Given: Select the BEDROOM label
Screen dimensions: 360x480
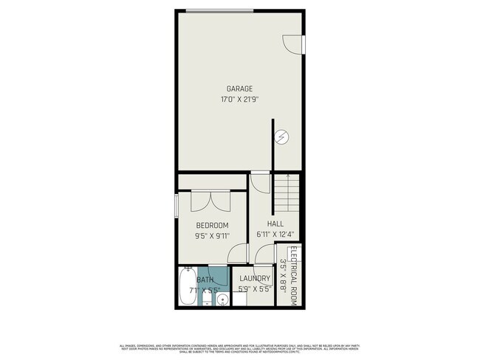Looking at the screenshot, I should pos(211,225).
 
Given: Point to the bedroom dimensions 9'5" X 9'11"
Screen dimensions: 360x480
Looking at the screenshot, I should pos(212,236).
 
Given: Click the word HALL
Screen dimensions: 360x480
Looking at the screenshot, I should pos(275,224).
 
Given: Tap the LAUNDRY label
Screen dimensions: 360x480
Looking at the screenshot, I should pos(255,278).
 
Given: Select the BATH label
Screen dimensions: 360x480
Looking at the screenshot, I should pos(205,280).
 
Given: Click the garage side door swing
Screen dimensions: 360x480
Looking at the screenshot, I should pos(295,41).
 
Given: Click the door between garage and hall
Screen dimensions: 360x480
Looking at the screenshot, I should pos(260,181).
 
